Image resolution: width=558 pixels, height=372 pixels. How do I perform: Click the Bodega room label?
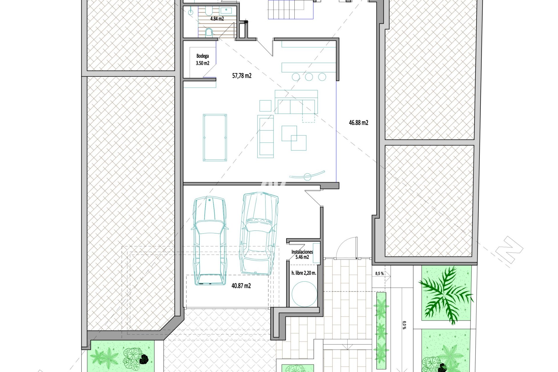tap(203, 56)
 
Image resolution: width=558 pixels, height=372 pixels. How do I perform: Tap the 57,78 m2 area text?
tap(242, 76)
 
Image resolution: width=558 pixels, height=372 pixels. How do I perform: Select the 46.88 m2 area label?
tap(359, 123)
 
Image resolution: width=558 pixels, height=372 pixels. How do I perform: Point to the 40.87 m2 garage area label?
tap(241, 286)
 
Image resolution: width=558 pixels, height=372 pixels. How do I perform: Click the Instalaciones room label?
tap(302, 252)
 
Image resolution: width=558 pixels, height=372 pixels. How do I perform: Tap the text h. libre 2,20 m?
tap(304, 273)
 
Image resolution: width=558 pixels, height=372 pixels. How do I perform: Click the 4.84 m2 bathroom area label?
tap(217, 19)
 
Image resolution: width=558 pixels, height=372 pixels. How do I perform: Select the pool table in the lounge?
tap(215, 137)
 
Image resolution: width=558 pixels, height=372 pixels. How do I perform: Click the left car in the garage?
tap(210, 241)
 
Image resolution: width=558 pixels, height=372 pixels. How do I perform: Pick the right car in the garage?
tap(258, 233)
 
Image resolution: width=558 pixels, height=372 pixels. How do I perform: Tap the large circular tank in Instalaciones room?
tap(304, 294)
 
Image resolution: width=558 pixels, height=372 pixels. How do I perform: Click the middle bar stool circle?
tap(309, 77)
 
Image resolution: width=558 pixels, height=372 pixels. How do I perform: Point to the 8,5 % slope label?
tap(379, 273)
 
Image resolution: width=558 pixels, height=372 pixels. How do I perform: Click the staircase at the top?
tap(290, 9)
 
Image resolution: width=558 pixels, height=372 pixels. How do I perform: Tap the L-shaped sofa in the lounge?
tap(296, 102)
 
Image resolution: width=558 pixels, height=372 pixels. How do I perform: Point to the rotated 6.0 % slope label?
tap(404, 325)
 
